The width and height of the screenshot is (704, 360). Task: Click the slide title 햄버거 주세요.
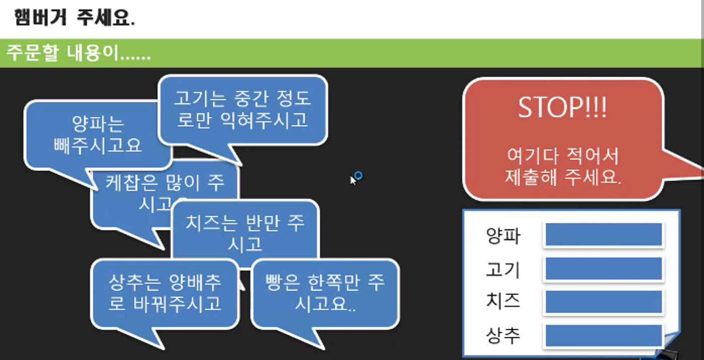pos(74,19)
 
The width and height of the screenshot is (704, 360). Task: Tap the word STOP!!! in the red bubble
pos(562,109)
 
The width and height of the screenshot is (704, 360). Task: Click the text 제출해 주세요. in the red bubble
pos(563,177)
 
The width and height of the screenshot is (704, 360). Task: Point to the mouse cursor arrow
pos(353,179)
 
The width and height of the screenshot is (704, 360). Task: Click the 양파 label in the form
pos(503,235)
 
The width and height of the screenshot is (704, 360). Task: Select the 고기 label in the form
pos(503,269)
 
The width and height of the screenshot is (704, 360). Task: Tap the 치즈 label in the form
pos(503,302)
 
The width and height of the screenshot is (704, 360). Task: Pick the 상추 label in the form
pos(503,335)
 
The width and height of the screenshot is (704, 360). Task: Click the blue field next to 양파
pos(603,235)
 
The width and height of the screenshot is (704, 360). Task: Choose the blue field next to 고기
pos(603,268)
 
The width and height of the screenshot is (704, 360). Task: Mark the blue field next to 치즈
pos(603,302)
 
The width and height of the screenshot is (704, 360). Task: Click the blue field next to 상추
pos(603,335)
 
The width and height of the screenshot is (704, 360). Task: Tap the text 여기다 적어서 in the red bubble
pos(562,157)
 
